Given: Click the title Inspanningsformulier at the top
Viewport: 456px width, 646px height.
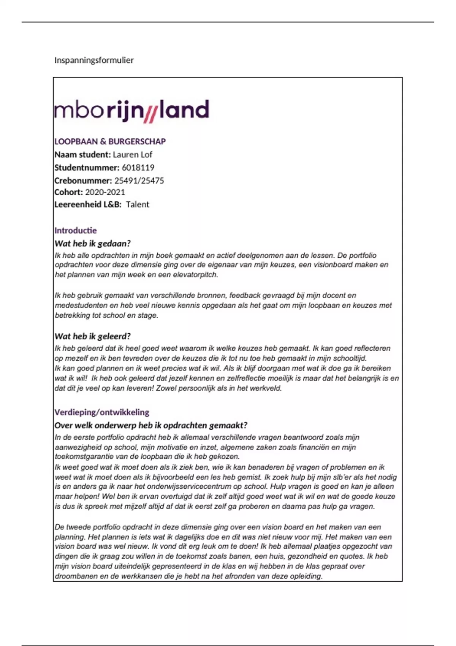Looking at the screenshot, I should pos(94,60).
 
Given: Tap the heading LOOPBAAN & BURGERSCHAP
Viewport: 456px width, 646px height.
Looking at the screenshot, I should pos(110,141).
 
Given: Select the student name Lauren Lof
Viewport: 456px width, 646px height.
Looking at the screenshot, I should pos(132,155).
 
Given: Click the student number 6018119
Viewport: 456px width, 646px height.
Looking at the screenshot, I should pos(138,168).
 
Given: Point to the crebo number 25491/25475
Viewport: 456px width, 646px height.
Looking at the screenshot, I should pos(139,180).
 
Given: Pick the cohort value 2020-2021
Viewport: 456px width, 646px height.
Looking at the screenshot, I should pos(105,192).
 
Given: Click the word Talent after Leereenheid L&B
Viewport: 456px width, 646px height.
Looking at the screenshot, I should pos(138,204).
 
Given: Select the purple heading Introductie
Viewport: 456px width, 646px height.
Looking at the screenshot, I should pos(76,230).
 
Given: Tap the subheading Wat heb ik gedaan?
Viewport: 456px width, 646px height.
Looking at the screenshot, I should pos(93,244).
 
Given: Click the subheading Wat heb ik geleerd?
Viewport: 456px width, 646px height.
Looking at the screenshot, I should pos(93,336).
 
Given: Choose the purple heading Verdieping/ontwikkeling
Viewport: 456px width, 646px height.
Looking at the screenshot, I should pos(102,412).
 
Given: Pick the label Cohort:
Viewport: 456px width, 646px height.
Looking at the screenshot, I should pos(68,192).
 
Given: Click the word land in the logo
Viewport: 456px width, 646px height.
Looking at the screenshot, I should pos(184,110).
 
